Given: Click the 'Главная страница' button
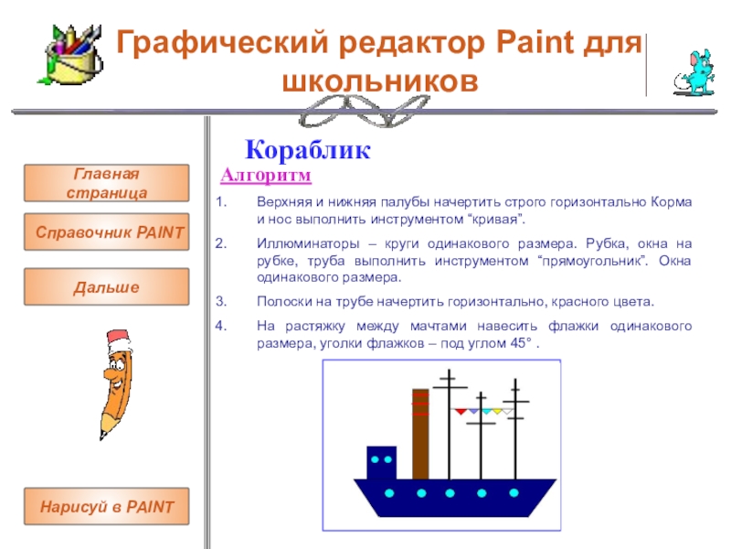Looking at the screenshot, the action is pyautogui.click(x=106, y=183).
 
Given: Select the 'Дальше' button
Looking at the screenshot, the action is pyautogui.click(x=106, y=286).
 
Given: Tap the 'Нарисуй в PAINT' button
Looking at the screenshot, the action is pyautogui.click(x=106, y=507).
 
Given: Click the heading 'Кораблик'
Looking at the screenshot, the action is pyautogui.click(x=308, y=150).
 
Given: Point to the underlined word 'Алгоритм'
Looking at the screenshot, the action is pyautogui.click(x=266, y=176).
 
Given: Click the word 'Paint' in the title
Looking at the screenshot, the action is pyautogui.click(x=535, y=42).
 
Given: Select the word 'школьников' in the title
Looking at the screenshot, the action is pyautogui.click(x=380, y=81).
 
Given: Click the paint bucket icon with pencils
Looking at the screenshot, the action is pyautogui.click(x=71, y=55).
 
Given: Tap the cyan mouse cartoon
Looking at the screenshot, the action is pyautogui.click(x=695, y=73).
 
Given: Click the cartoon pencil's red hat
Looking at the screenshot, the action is pyautogui.click(x=118, y=339).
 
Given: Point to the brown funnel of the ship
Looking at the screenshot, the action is pyautogui.click(x=420, y=434).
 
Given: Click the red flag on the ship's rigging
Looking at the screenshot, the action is pyautogui.click(x=461, y=411).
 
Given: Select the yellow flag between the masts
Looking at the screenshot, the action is pyautogui.click(x=497, y=411).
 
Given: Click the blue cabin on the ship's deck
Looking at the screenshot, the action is pyautogui.click(x=381, y=463).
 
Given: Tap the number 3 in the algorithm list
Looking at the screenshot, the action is pyautogui.click(x=220, y=302).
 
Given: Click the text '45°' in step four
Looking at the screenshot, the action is pyautogui.click(x=521, y=343).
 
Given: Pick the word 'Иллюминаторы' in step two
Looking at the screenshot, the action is pyautogui.click(x=308, y=243).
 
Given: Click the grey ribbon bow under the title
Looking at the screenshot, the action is pyautogui.click(x=364, y=111).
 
